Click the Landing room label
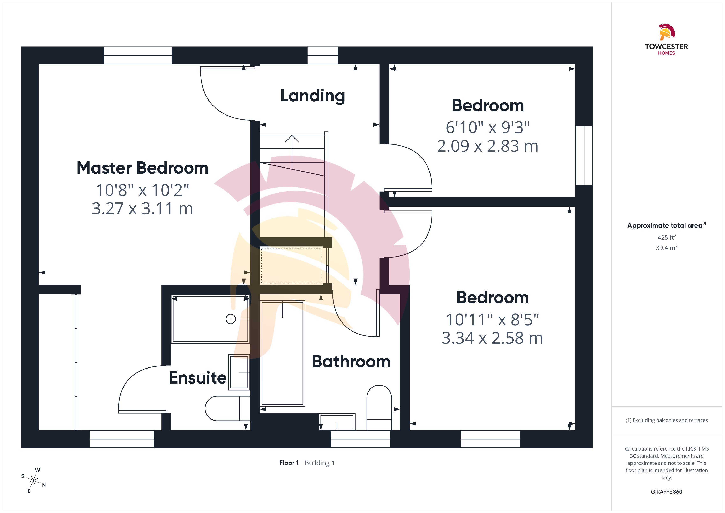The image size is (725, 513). point(313,96)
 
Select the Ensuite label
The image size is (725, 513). point(198,378)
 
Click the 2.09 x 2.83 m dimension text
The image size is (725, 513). point(487,146)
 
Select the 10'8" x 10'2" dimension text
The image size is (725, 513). point(142,190)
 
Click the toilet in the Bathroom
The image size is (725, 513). point(379,408)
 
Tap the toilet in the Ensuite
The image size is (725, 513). point(227,408)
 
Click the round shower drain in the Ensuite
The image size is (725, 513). point(231,319)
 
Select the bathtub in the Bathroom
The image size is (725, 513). point(283,354)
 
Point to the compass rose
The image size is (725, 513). point(33,481)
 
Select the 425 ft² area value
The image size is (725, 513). point(667,237)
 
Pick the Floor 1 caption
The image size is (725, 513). point(289,463)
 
